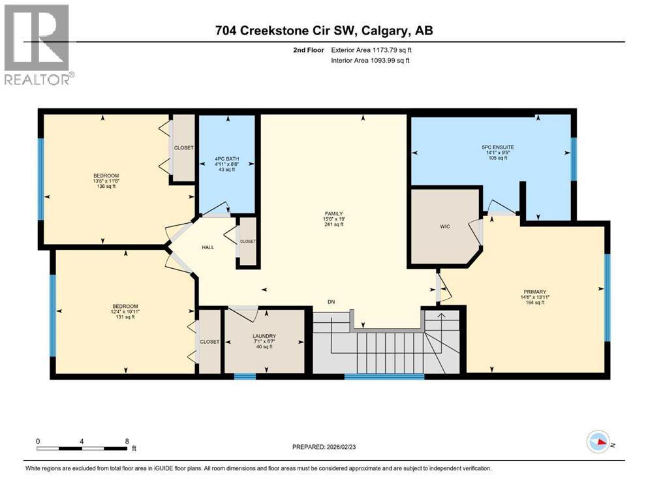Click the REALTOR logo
39,44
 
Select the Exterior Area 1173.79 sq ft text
371,50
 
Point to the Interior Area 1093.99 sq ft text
370,60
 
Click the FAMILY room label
333,213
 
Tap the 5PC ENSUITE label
497,147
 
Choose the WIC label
444,226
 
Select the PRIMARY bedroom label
534,292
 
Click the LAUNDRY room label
264,336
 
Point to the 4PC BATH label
226,159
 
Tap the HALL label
208,247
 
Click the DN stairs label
331,302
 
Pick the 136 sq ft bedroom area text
106,187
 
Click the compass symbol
598,442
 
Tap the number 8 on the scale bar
127,441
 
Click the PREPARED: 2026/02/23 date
324,447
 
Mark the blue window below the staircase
384,376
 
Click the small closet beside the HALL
248,241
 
